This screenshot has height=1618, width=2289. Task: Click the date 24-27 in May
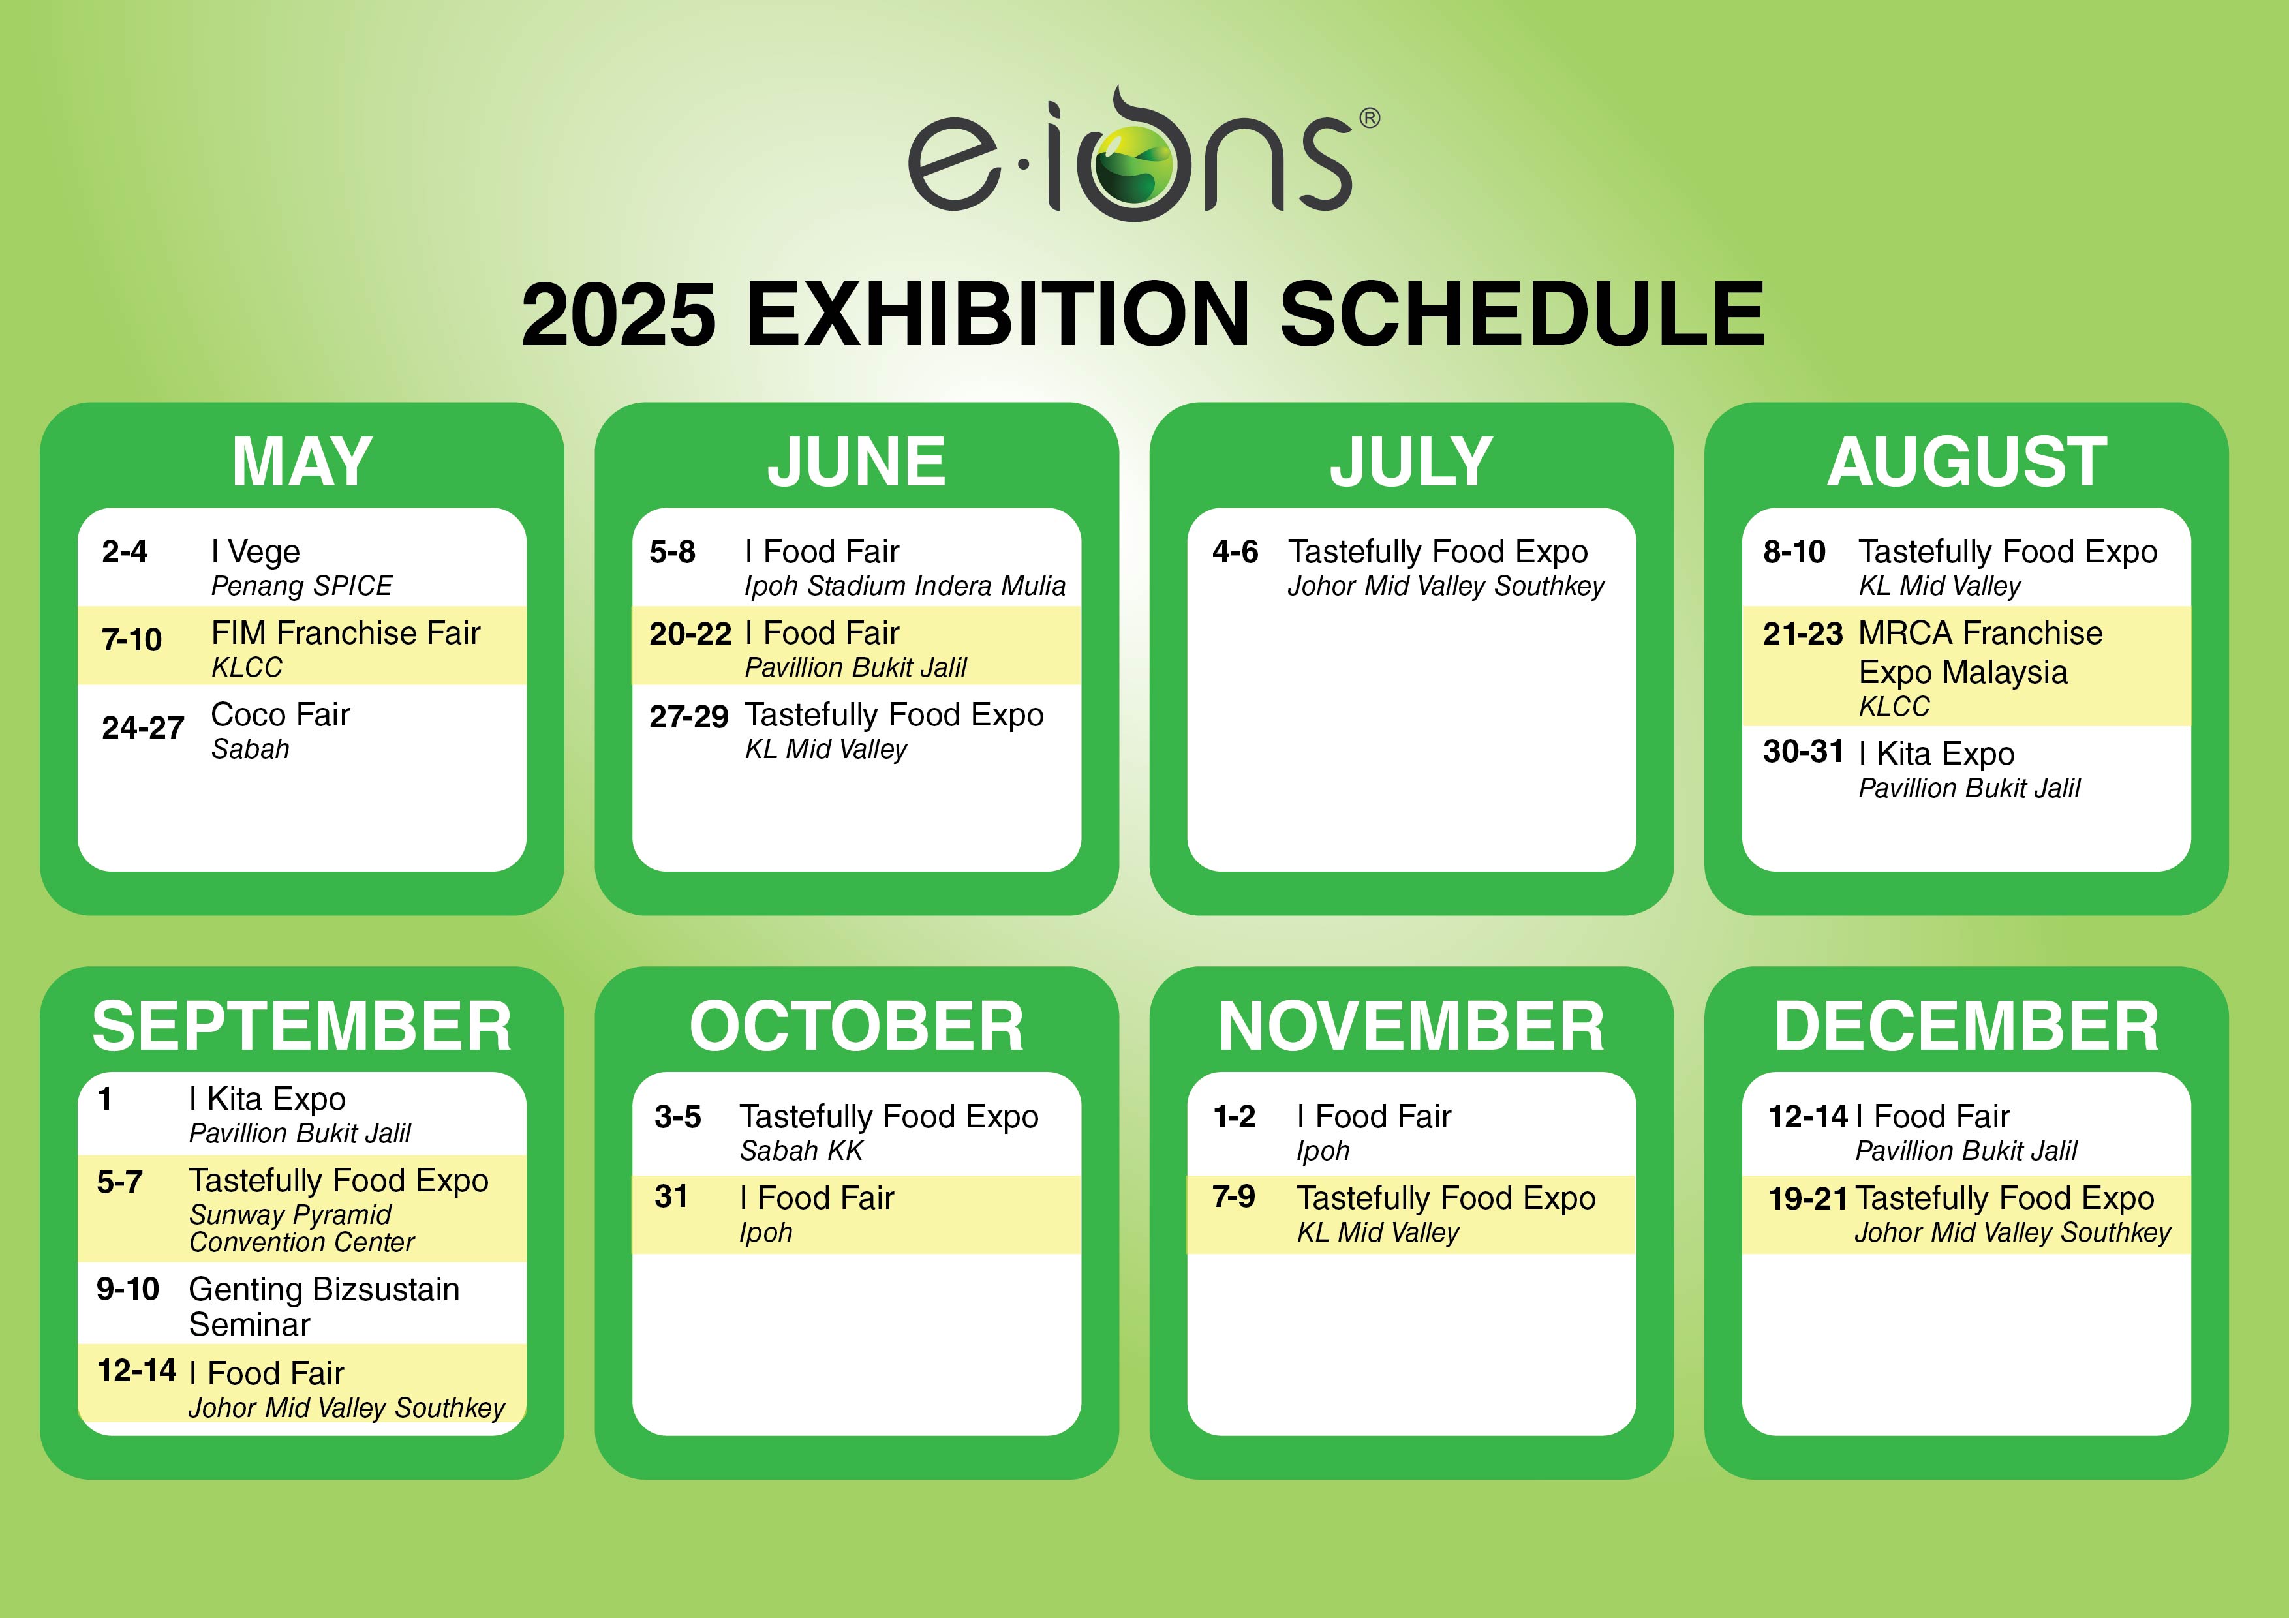coord(142,727)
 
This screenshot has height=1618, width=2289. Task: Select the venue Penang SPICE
coord(301,585)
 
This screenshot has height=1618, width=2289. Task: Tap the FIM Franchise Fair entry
coord(346,633)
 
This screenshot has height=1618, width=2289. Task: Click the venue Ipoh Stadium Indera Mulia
coord(905,585)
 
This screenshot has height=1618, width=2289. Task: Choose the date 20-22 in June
coord(690,634)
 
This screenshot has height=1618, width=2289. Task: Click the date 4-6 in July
coord(1235,551)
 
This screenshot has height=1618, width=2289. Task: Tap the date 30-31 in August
coord(1804,751)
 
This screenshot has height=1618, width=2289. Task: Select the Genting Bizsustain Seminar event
coord(324,1306)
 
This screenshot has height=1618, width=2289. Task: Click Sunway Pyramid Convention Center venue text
coord(301,1229)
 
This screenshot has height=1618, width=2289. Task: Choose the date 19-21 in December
coord(1807,1198)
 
